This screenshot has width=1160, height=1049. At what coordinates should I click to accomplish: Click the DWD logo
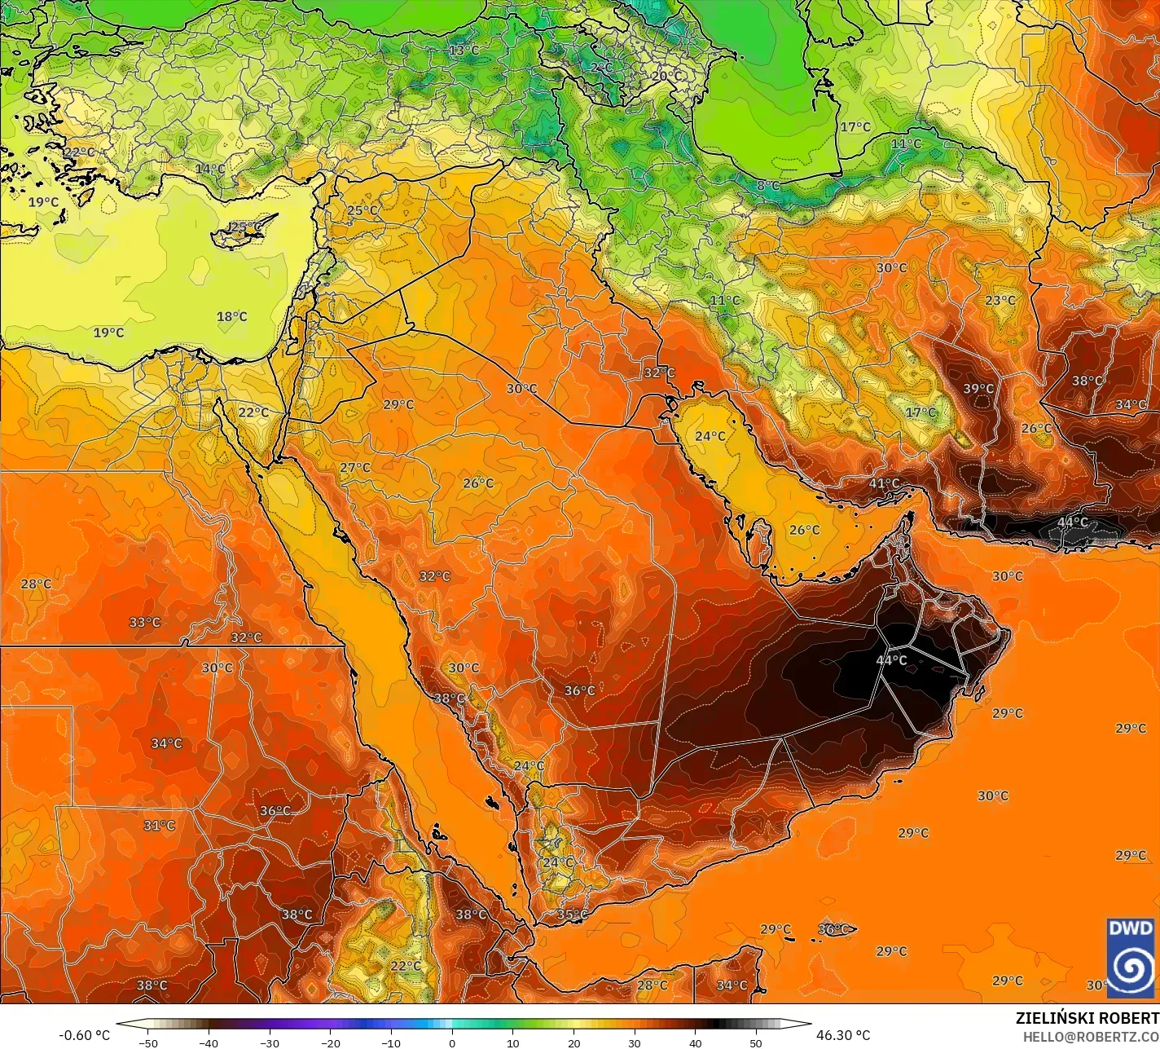point(1131,953)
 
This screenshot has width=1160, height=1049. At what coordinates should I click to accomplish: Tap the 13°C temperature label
point(464,50)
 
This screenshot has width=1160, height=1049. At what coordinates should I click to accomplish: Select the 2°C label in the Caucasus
point(601,67)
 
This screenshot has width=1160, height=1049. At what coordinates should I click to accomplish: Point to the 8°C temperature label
point(767,186)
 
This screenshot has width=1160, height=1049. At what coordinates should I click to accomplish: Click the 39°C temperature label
point(978,389)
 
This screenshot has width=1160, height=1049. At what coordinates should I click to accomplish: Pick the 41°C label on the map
point(884,483)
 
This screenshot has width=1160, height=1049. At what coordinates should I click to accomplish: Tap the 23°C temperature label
point(1000,300)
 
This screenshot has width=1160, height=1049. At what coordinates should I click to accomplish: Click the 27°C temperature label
point(355,467)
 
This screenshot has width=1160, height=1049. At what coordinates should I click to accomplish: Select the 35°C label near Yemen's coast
point(572,915)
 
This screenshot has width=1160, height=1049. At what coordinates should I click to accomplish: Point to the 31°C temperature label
point(160,826)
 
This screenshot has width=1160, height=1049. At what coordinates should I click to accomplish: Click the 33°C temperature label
point(145,622)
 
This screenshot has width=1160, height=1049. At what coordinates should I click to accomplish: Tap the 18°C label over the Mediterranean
point(232,316)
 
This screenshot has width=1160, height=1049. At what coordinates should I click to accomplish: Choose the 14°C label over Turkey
point(210,169)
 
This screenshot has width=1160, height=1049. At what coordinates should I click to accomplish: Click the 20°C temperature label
point(666,75)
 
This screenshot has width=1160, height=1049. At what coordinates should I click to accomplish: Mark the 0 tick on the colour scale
point(452,1042)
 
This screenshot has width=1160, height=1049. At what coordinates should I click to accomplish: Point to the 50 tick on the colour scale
point(756,1042)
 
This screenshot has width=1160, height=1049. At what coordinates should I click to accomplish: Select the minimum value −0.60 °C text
point(84,1035)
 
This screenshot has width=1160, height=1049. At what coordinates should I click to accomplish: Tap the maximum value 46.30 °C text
point(843,1035)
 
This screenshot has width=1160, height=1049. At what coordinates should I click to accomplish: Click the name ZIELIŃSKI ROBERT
point(1087,1018)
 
